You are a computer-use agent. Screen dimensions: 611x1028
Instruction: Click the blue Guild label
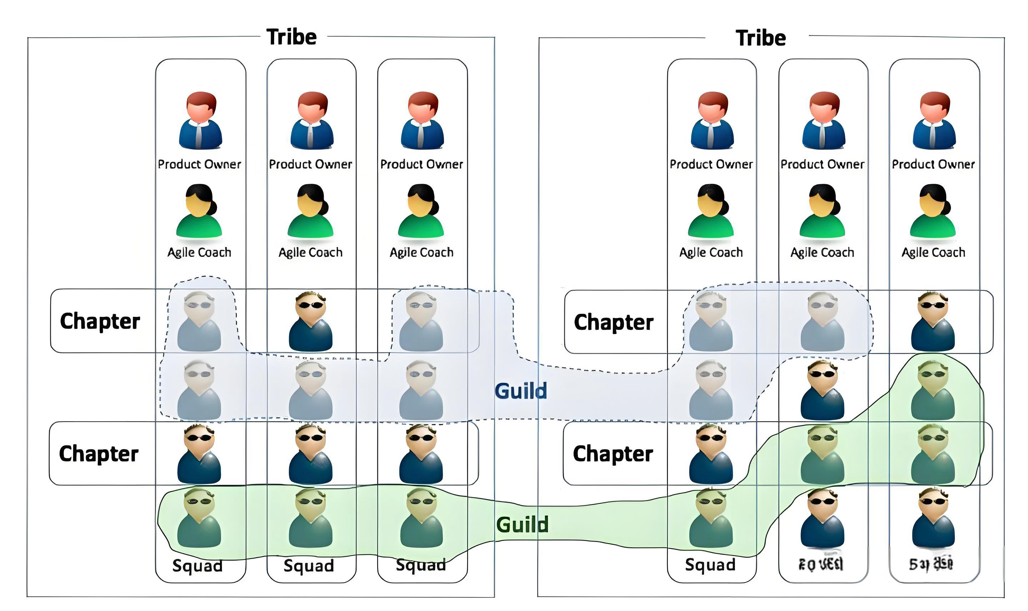(x=520, y=391)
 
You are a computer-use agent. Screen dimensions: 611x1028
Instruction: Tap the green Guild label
(x=522, y=525)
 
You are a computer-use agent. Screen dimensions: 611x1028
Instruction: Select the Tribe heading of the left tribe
(x=292, y=37)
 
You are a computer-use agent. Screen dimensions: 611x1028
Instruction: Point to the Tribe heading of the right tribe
(x=760, y=38)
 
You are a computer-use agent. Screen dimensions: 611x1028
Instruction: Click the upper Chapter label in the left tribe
(x=100, y=321)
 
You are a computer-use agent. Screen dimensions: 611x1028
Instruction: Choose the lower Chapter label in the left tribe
(x=99, y=453)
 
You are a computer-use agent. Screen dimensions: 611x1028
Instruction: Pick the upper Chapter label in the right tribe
(x=614, y=322)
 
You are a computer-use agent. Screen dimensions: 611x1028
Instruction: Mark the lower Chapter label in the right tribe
(x=613, y=453)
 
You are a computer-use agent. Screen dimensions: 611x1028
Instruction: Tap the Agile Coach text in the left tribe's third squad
(x=422, y=252)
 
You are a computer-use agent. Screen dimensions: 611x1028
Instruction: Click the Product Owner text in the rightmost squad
(x=933, y=164)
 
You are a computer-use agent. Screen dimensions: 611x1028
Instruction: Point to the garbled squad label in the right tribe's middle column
(x=821, y=564)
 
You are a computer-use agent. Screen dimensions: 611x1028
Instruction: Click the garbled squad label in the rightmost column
(x=931, y=564)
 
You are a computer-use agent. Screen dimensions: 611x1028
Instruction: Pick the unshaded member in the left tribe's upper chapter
(x=311, y=321)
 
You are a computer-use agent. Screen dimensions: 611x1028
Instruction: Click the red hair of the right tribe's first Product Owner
(x=713, y=101)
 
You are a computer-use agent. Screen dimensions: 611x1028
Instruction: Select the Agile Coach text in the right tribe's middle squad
(x=822, y=252)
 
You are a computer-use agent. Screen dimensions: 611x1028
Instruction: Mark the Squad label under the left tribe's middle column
(x=309, y=566)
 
